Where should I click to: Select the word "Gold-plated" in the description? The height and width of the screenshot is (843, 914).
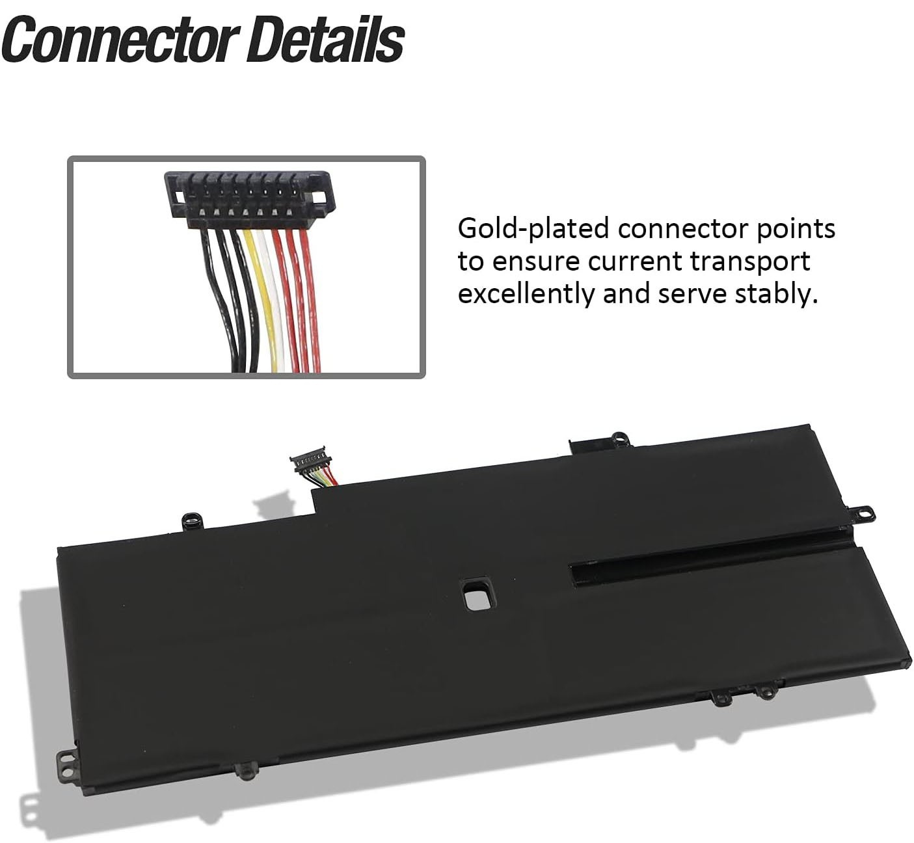(532, 230)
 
